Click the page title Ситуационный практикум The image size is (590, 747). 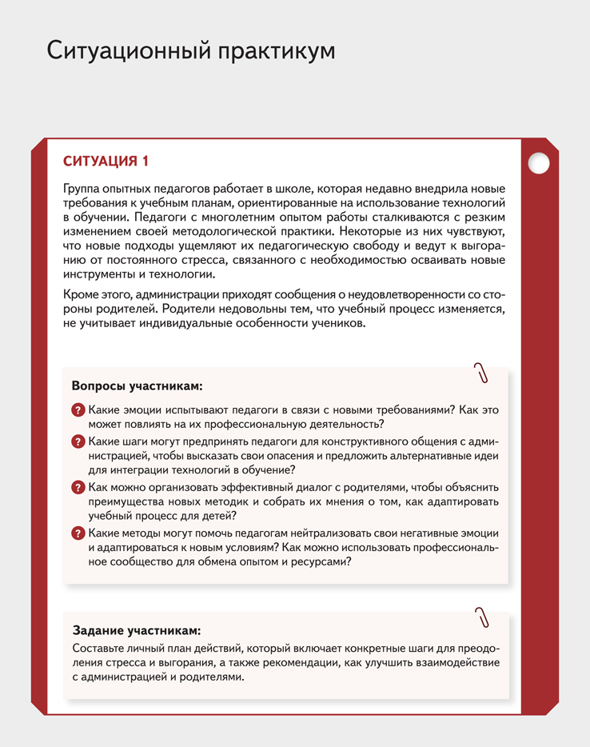point(190,50)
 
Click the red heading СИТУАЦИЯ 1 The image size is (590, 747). point(106,161)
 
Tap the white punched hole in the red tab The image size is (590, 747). point(540,163)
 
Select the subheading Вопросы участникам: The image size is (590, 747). point(138,385)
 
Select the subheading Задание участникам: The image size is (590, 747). point(136,629)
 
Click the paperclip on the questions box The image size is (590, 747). point(481,373)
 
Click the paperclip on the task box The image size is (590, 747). point(481,617)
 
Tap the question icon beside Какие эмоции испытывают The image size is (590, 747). point(78,409)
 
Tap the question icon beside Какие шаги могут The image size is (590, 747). point(78,441)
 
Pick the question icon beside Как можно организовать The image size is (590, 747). point(78,487)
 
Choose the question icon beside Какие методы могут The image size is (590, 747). point(78,533)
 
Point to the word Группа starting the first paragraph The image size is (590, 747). point(83,189)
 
